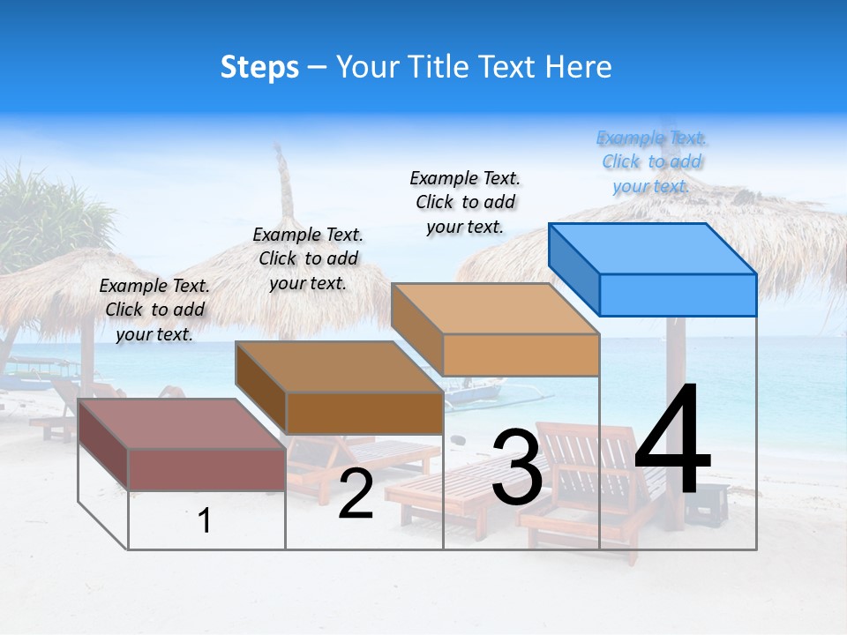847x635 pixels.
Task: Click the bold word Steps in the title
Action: (259, 67)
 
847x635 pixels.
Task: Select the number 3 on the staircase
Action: (516, 467)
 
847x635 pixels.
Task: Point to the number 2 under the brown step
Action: (356, 495)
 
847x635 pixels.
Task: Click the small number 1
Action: (205, 520)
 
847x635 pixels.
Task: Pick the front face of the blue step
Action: (678, 295)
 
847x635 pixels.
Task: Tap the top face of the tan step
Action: (496, 309)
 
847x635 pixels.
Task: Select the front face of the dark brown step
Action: (364, 413)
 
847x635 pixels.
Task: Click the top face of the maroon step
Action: (182, 424)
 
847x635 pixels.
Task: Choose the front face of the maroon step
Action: (206, 469)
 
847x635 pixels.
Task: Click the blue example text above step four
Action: (651, 161)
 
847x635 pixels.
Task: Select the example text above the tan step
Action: (465, 202)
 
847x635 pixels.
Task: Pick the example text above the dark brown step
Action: (308, 258)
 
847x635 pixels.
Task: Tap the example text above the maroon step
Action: (154, 310)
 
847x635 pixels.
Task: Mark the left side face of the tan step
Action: (416, 328)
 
